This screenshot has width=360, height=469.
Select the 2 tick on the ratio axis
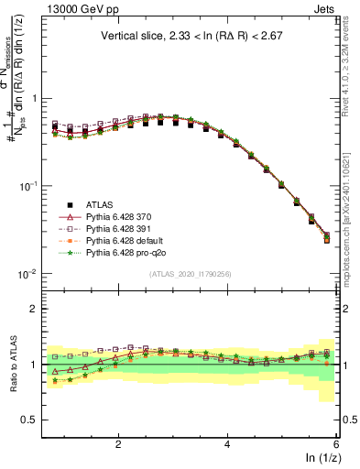[x=33, y=309]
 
